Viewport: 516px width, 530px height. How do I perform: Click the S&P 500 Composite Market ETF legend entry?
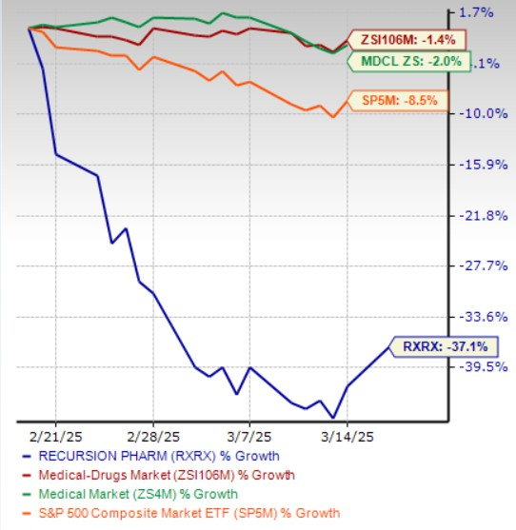[183, 513]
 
